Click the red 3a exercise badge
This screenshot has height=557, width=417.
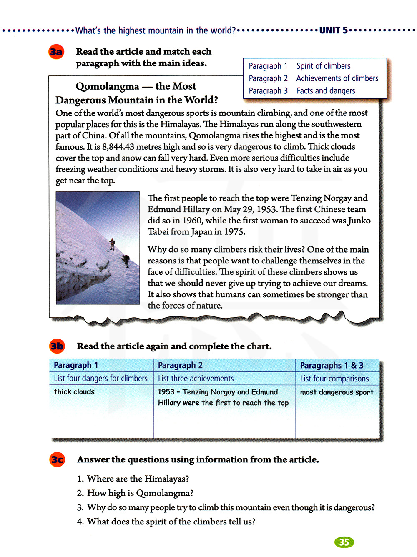tap(56, 52)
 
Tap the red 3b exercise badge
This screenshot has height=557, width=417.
tap(57, 346)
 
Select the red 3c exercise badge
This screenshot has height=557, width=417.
tap(58, 459)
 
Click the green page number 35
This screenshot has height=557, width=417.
tap(344, 542)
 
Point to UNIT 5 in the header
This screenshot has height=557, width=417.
tap(333, 30)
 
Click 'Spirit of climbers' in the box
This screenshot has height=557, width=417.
tap(323, 66)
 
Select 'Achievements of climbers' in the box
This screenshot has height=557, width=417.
tap(337, 78)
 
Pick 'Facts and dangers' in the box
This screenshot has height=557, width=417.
tap(326, 91)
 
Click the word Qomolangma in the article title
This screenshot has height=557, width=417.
tap(107, 86)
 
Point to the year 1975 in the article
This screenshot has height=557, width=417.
tap(234, 232)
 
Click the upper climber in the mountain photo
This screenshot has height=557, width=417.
tap(112, 244)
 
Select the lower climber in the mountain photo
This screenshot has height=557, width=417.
tap(126, 261)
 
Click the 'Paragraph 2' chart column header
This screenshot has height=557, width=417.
tap(180, 365)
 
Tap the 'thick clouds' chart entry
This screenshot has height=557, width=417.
tap(74, 392)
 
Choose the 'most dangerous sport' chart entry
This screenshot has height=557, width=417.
tap(337, 392)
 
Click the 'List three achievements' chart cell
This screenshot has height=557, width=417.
tap(196, 379)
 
